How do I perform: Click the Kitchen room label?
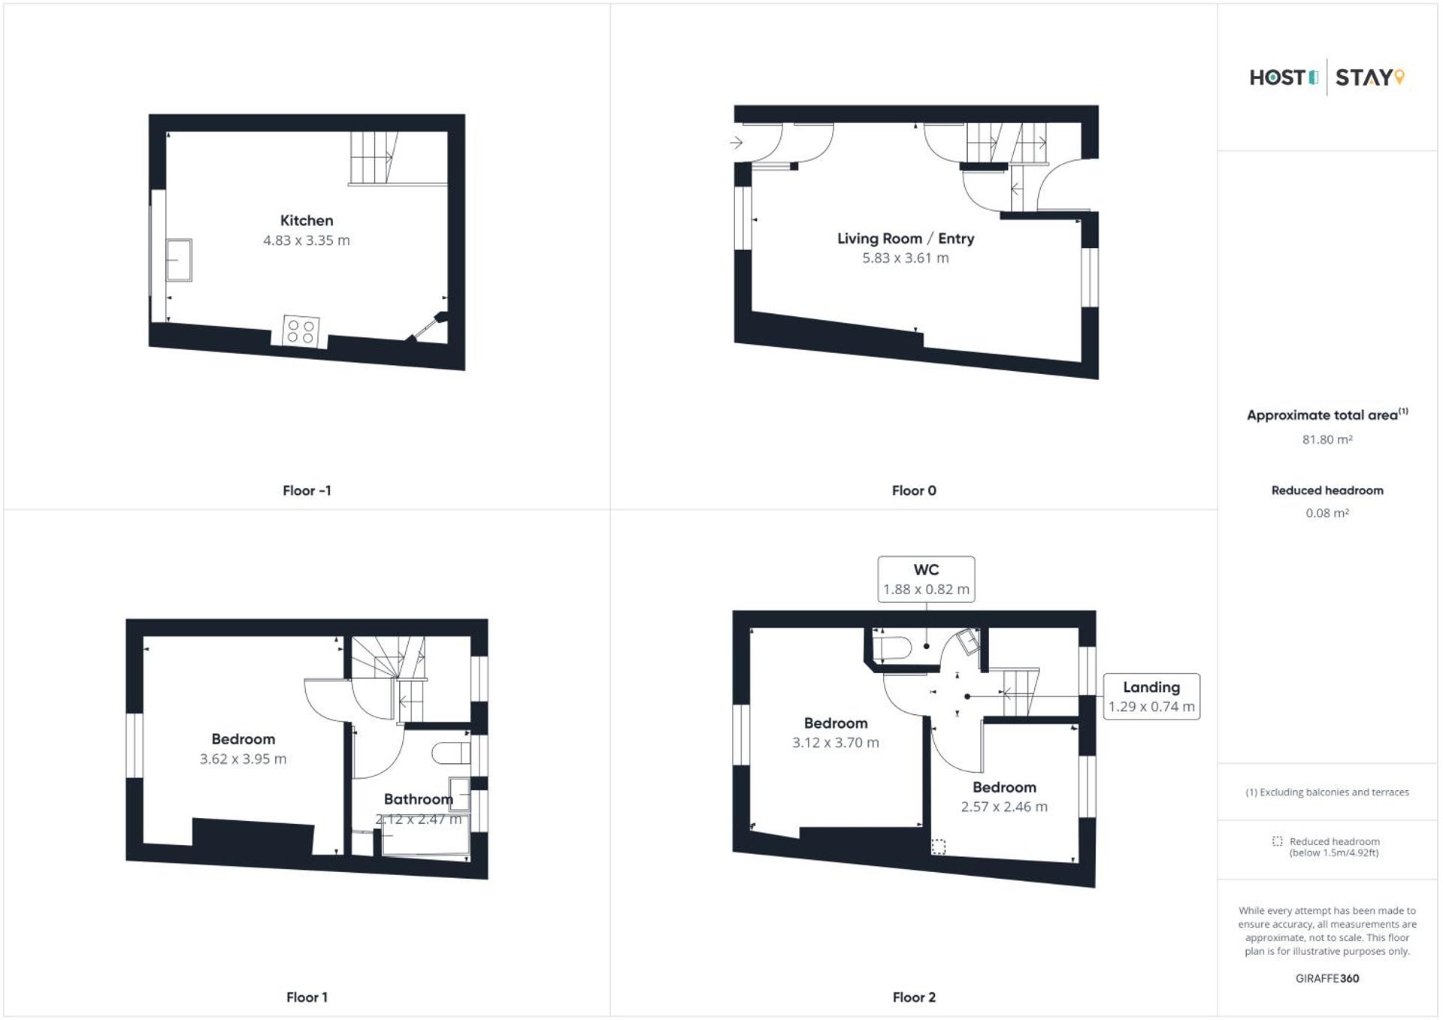tap(307, 221)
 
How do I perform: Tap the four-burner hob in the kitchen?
tap(301, 331)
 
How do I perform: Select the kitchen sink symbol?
tap(179, 260)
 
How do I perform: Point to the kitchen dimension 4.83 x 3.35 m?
tap(307, 240)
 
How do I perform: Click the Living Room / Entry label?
tap(906, 239)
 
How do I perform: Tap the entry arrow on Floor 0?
tap(736, 142)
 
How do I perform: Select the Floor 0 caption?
tap(914, 490)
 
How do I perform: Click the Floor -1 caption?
tap(307, 490)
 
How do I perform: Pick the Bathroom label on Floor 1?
tap(418, 799)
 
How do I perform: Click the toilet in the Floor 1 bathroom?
tap(452, 753)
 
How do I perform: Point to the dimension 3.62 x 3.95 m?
tap(243, 759)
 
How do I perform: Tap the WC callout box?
tap(926, 579)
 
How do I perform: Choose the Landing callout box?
tap(1151, 696)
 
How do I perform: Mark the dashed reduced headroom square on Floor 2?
tap(939, 846)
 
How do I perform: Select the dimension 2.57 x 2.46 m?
tap(1004, 807)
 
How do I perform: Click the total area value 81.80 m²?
tap(1327, 439)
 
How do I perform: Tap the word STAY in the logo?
tap(1364, 77)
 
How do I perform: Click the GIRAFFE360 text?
tap(1327, 978)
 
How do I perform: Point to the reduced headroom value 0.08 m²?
tap(1327, 513)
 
